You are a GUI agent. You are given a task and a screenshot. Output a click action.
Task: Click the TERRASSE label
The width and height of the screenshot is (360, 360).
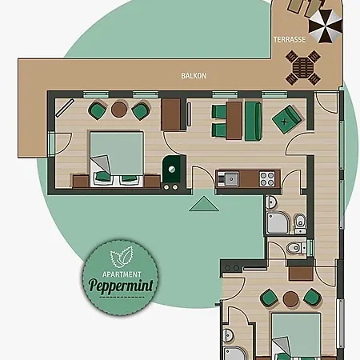(290, 40)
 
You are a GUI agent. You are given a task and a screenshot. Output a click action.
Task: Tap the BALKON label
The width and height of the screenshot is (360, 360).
(194, 76)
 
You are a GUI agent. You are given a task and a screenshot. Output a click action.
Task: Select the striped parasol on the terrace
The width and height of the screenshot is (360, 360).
(325, 26)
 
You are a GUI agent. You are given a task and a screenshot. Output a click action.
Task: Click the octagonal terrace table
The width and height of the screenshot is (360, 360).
(303, 68)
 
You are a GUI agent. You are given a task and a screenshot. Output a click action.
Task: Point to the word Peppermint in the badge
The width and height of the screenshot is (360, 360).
(121, 285)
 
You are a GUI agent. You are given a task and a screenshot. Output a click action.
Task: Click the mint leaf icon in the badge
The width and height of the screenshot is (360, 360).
(122, 257)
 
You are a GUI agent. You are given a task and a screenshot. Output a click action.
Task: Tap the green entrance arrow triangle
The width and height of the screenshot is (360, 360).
(204, 204)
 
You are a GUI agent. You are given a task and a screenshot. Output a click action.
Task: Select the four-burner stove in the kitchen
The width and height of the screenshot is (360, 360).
(267, 179)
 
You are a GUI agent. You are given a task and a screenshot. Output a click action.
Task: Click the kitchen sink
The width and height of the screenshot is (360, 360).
(231, 179)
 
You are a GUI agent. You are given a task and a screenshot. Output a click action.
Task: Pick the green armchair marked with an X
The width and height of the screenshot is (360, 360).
(286, 120)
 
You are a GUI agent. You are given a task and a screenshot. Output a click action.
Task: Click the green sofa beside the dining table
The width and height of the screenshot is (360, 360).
(253, 121)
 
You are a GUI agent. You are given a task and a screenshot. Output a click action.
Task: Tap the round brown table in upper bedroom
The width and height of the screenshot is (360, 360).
(119, 110)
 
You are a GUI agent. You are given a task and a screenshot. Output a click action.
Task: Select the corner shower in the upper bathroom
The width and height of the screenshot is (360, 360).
(278, 223)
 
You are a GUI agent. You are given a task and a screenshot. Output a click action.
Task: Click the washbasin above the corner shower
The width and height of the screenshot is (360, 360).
(270, 202)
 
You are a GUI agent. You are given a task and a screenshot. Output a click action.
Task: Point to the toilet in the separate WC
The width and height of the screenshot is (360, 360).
(297, 248)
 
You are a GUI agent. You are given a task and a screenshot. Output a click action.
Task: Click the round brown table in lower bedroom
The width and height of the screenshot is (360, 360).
(290, 298)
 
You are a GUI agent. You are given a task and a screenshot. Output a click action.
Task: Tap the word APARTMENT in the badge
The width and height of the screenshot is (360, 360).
(122, 274)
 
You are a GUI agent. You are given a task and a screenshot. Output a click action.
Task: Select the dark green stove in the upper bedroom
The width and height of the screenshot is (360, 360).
(171, 169)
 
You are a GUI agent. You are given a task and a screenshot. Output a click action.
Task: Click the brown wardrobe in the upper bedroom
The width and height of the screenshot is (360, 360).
(171, 114)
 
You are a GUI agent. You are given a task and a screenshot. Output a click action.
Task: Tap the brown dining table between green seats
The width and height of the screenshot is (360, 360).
(234, 121)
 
